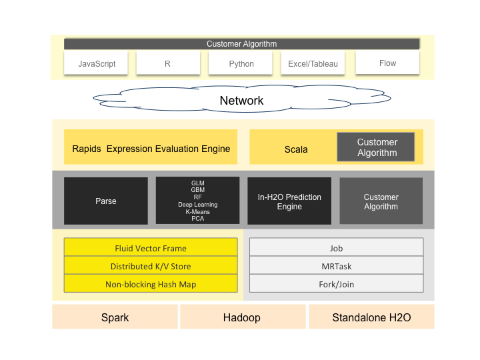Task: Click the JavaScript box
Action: click(97, 64)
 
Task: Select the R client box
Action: click(168, 64)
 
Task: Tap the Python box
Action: click(241, 64)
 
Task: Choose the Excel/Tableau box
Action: click(313, 64)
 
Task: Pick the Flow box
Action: click(387, 63)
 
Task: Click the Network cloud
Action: click(241, 101)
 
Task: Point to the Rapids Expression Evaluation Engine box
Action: click(151, 149)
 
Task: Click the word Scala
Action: click(296, 149)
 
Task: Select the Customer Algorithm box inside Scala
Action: click(377, 147)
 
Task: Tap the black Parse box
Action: click(106, 201)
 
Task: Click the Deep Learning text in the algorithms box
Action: click(197, 205)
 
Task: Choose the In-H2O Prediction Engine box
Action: click(289, 201)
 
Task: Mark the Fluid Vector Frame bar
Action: click(151, 248)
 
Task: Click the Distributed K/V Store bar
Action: click(151, 266)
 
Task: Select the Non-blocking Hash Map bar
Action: click(151, 284)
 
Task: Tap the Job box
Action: click(336, 248)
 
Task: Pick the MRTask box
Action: click(336, 266)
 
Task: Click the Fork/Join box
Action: click(336, 284)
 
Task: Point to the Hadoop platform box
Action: click(242, 317)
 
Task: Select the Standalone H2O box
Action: click(371, 317)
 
